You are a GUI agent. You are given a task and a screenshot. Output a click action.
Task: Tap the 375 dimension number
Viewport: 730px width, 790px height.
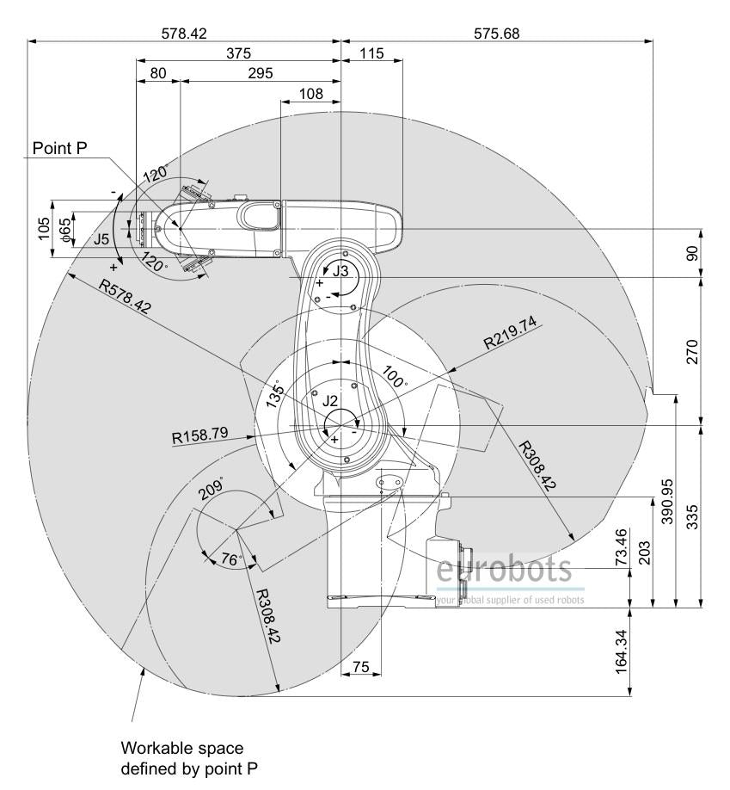(x=238, y=52)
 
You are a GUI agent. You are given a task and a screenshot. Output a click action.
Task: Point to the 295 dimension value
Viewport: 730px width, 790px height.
(x=260, y=73)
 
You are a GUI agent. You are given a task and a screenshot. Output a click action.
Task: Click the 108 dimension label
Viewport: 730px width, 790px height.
(x=310, y=94)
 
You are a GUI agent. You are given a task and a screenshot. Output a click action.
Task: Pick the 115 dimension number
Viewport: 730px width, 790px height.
(x=371, y=52)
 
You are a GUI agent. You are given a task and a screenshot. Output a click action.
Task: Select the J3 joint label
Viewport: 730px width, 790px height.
(x=341, y=272)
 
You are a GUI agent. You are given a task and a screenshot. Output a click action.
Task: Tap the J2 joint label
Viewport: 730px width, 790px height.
(x=331, y=401)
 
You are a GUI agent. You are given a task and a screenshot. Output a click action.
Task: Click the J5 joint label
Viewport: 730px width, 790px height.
(x=101, y=239)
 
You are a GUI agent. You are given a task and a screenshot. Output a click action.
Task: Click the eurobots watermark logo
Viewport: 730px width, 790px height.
(x=505, y=571)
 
